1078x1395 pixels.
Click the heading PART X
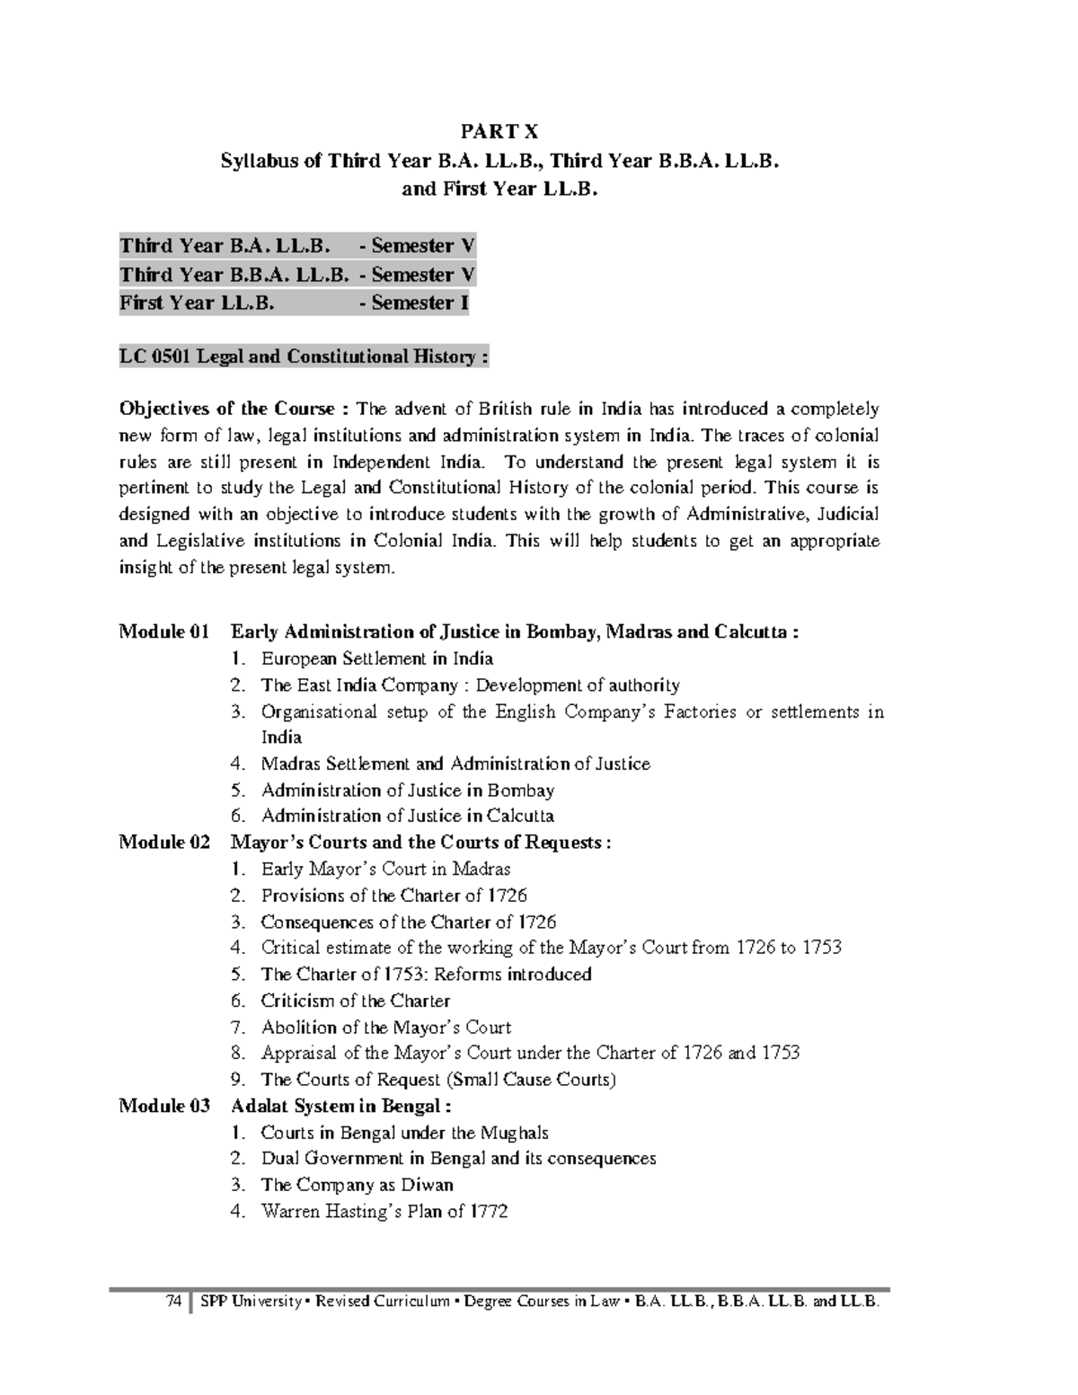point(499,132)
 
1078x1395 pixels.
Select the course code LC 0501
point(155,357)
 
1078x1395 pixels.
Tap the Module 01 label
point(163,631)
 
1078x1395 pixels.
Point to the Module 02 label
point(164,843)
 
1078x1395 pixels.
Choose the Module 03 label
point(164,1106)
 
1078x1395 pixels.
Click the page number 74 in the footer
point(173,1302)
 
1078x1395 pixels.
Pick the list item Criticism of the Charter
point(355,1001)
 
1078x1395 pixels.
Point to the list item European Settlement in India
point(377,658)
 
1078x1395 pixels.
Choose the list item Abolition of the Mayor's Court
point(386,1027)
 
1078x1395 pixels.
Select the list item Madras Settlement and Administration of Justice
point(455,764)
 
